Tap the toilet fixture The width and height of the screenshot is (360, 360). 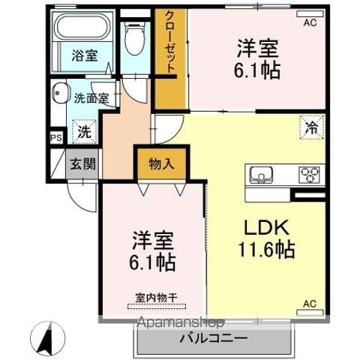135,39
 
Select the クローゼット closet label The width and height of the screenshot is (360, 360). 170,42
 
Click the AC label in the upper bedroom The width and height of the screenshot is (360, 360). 310,23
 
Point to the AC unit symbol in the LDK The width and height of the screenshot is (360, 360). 310,313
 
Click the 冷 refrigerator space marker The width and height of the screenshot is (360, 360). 312,127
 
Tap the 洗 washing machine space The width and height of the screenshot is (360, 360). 84,132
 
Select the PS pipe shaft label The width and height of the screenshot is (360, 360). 56,138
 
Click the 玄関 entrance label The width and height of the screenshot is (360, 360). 82,164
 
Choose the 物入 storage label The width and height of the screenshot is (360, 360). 161,164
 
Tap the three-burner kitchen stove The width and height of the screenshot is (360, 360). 310,173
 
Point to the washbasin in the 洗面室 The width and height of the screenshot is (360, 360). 61,93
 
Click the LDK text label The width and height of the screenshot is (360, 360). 266,227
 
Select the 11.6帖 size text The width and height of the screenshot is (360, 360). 266,249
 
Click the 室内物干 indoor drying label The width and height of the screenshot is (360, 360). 157,298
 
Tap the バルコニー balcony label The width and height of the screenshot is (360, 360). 214,339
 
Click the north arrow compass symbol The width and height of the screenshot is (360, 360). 47,338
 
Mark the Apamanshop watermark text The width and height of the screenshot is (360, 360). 181,322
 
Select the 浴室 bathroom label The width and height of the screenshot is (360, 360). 85,55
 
